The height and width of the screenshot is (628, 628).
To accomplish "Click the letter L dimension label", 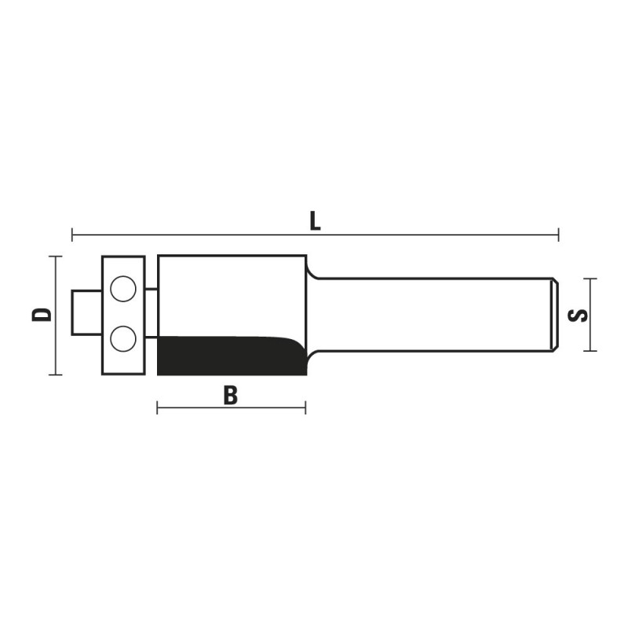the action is pyautogui.click(x=316, y=221).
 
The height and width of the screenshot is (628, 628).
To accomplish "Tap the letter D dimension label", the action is pyautogui.click(x=42, y=315).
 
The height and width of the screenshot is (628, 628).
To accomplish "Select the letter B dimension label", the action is pyautogui.click(x=231, y=395).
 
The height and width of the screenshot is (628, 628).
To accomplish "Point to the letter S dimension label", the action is pyautogui.click(x=578, y=316).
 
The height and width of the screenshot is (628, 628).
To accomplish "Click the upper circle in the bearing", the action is pyautogui.click(x=123, y=289).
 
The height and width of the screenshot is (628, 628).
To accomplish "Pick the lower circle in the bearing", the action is pyautogui.click(x=123, y=338).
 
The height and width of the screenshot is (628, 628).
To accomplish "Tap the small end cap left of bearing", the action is pyautogui.click(x=86, y=312).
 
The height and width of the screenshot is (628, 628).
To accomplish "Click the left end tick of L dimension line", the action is pyautogui.click(x=72, y=235).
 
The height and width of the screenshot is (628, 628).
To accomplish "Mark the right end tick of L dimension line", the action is pyautogui.click(x=558, y=235).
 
